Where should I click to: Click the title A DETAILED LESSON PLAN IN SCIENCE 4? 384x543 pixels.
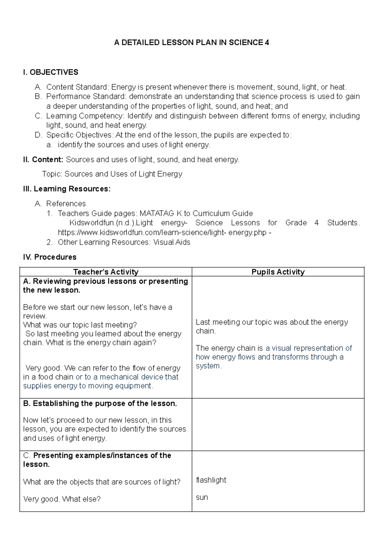(x=191, y=43)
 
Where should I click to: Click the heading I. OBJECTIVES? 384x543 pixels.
(x=51, y=72)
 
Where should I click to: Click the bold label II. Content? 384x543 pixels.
(x=43, y=159)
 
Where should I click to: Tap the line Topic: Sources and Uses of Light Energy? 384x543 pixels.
(x=112, y=174)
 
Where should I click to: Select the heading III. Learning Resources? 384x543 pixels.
(x=67, y=189)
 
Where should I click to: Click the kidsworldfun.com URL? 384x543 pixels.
(x=162, y=232)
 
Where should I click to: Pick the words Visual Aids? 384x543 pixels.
(x=172, y=242)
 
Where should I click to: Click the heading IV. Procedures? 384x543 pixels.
(x=50, y=257)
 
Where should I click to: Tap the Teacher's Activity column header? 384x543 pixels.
(x=106, y=272)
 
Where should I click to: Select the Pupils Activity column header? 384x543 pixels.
(x=278, y=272)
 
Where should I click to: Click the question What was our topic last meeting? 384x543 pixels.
(x=80, y=325)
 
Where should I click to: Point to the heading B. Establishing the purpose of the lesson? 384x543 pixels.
(x=100, y=403)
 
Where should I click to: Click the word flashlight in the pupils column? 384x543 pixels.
(x=211, y=480)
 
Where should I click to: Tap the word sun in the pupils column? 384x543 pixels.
(x=202, y=497)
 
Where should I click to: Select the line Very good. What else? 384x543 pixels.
(x=62, y=499)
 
